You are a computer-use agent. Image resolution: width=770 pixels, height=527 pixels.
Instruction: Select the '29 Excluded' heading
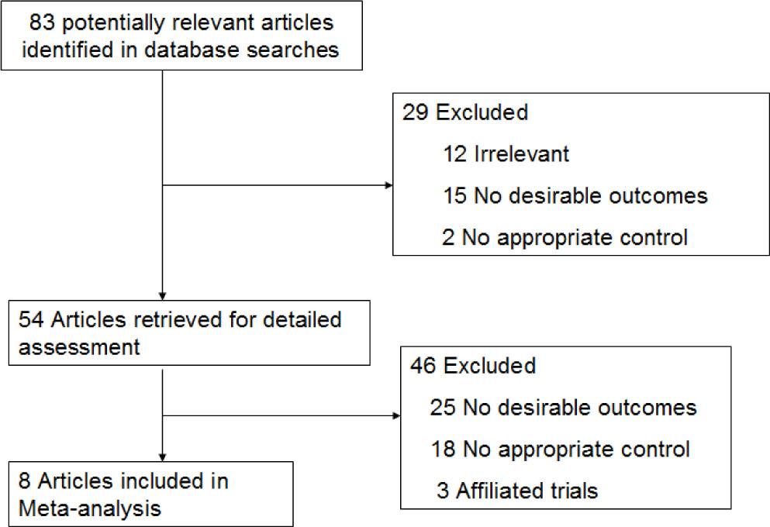click(x=464, y=112)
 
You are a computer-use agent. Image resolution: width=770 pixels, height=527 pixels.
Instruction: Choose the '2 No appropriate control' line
click(x=564, y=236)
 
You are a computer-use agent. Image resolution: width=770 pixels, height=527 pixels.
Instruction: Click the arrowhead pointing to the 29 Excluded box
click(x=388, y=185)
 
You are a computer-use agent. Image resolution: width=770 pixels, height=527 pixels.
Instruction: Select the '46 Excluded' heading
click(x=472, y=365)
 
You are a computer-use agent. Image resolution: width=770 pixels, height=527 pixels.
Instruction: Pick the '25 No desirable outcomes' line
click(x=563, y=407)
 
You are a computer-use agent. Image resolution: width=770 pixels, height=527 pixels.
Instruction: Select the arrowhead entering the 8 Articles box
click(x=162, y=456)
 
